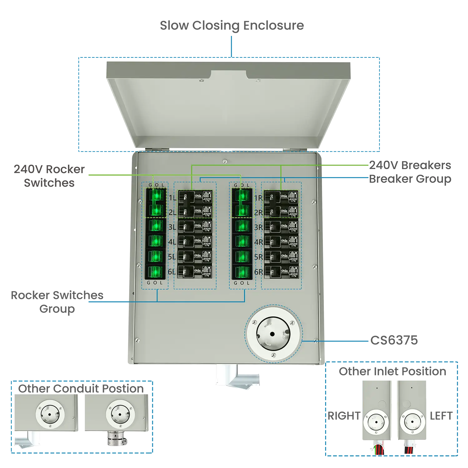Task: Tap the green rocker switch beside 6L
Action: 155,272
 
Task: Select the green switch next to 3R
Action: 242,226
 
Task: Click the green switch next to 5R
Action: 242,256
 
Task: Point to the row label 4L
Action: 172,242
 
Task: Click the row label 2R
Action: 258,212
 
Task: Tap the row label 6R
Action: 258,272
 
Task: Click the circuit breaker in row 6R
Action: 281,271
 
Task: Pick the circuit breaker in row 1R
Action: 281,197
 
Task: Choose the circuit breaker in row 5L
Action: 195,256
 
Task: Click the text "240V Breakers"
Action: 410,165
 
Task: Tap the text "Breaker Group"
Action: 410,179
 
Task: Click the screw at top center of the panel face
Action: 225,161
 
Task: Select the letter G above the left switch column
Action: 150,185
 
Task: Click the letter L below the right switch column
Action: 248,283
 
